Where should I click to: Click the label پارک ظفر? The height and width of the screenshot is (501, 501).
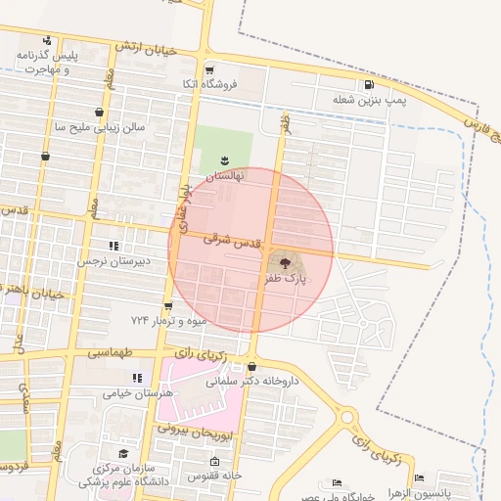click(x=283, y=279)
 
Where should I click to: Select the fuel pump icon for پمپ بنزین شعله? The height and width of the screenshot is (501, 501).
click(x=368, y=85)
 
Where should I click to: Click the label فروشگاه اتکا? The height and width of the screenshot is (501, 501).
click(x=201, y=85)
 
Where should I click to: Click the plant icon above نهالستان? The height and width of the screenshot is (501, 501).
click(x=224, y=159)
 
